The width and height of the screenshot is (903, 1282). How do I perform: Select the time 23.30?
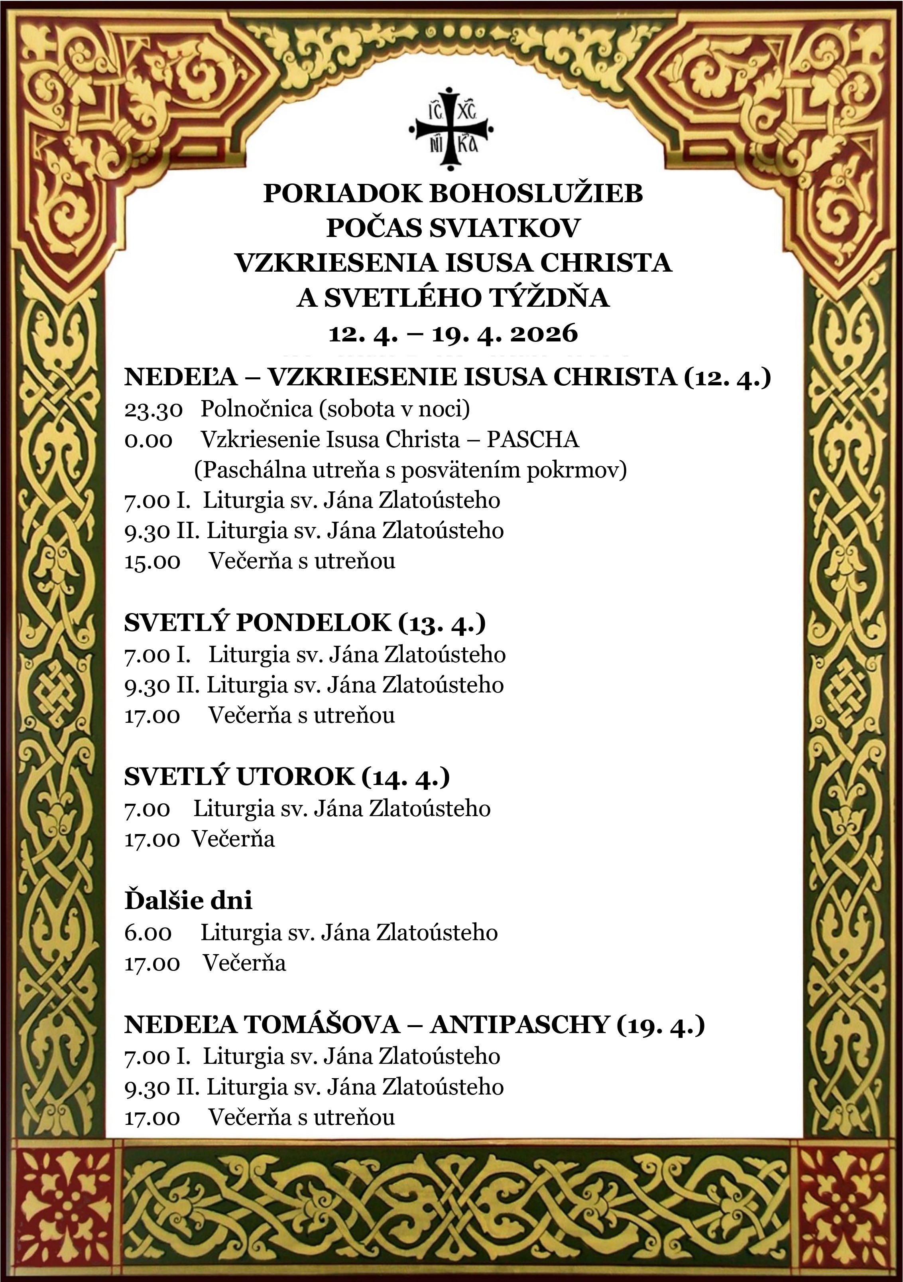(153, 409)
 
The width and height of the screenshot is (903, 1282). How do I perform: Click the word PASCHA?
(533, 440)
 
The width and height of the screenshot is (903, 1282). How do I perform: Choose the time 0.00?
(148, 440)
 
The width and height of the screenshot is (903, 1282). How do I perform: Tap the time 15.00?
(152, 561)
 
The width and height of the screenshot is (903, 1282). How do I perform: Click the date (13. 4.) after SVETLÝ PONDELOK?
(442, 623)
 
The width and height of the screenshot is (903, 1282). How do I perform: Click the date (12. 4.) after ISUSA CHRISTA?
(726, 378)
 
